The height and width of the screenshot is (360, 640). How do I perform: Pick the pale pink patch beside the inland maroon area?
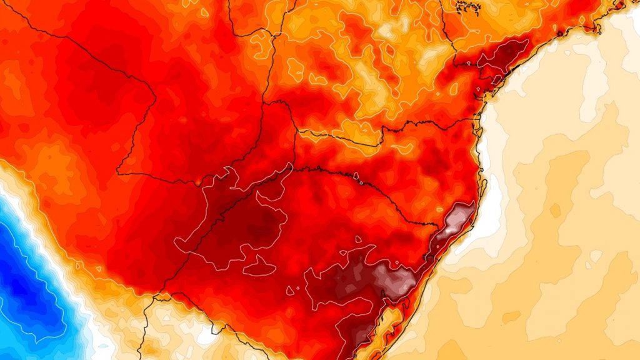394,278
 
